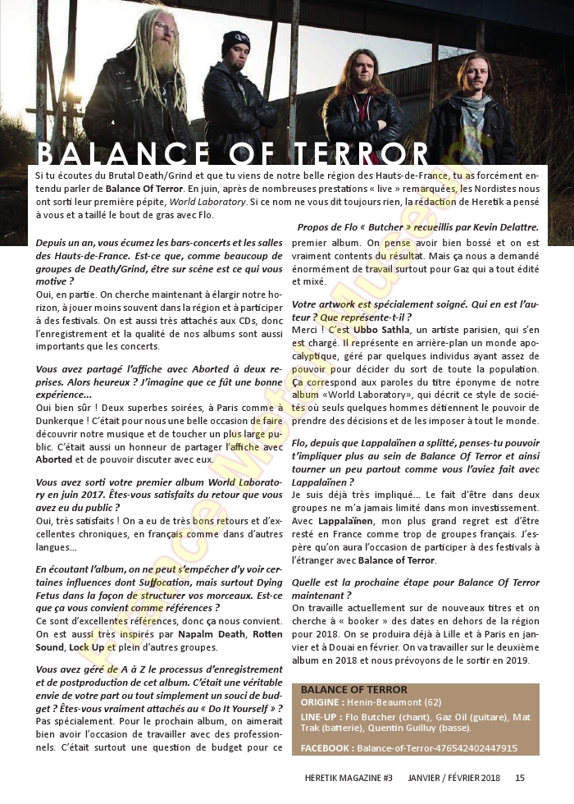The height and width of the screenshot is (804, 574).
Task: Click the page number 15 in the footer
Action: coord(520,778)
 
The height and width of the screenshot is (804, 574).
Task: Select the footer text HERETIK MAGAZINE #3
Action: coord(343,778)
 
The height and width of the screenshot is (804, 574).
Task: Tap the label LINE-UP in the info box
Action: coord(321,717)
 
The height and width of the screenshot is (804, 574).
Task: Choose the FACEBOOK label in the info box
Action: coord(326,748)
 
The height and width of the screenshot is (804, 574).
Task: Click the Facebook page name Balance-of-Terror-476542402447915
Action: coord(437,748)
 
